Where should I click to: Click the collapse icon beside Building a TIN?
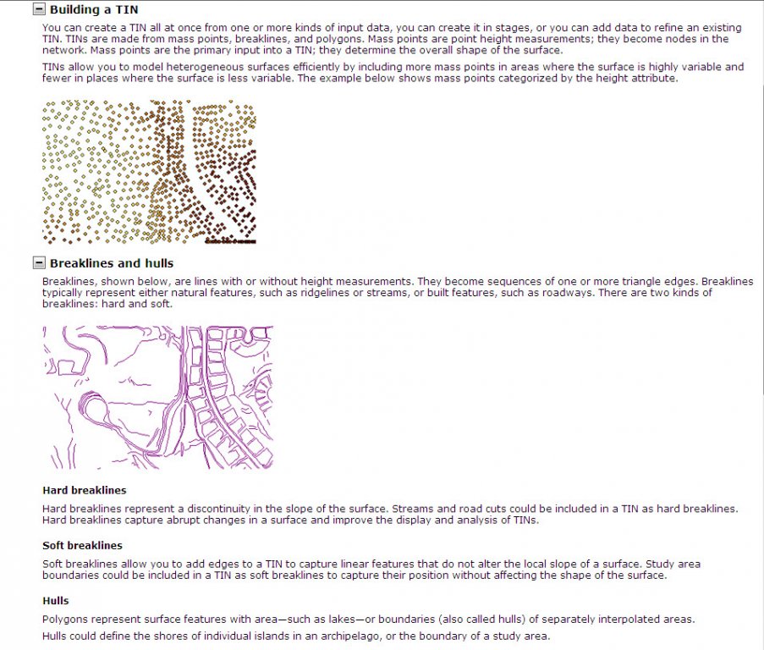point(39,9)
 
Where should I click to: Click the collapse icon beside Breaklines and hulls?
point(39,263)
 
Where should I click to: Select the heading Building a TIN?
point(94,10)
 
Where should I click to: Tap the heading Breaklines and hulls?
point(112,263)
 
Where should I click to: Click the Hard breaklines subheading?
point(85,490)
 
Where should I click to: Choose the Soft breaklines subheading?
point(82,546)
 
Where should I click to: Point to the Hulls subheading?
point(56,601)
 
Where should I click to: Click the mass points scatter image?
point(149,172)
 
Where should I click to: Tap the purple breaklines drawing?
point(158,397)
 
